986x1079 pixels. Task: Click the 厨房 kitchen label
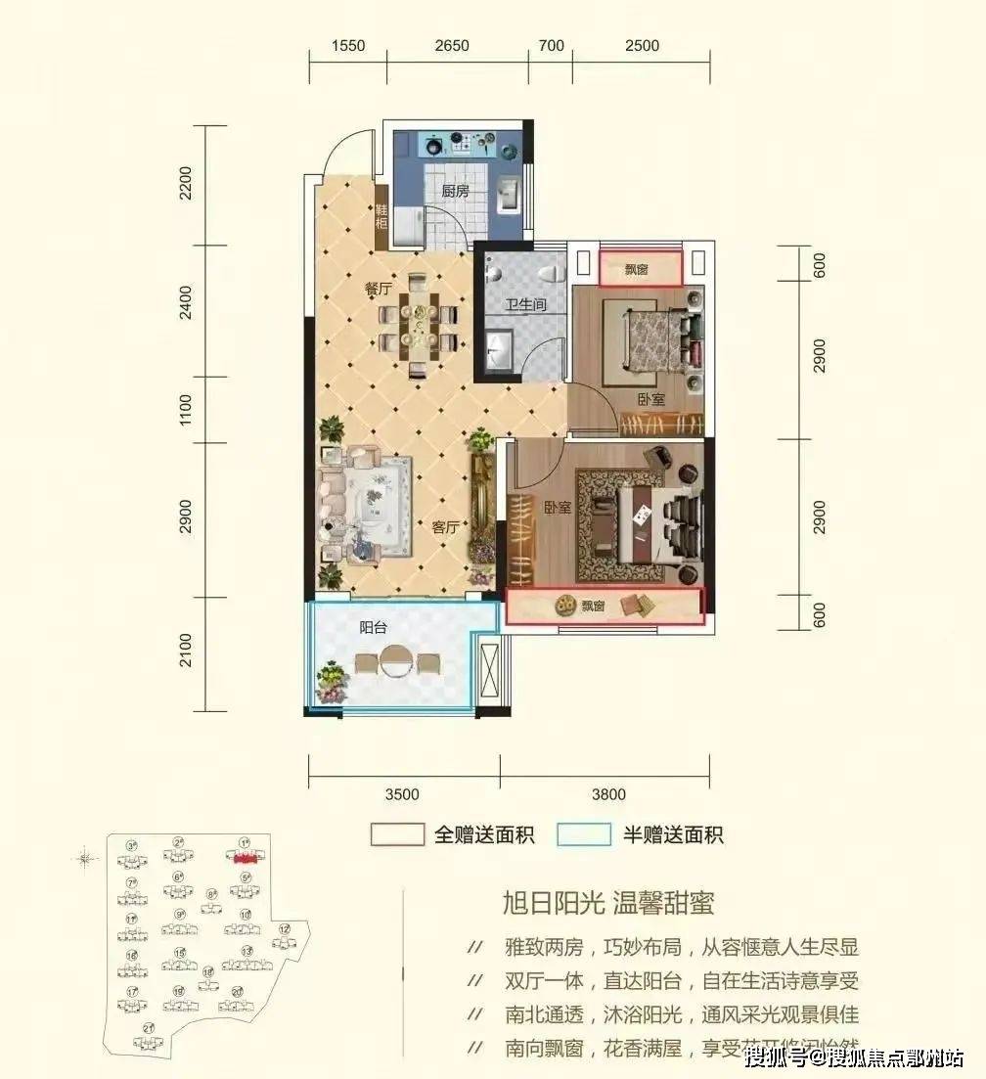pyautogui.click(x=455, y=192)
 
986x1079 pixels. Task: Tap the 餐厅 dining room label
pyautogui.click(x=349, y=288)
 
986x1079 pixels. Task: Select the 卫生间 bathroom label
pyautogui.click(x=524, y=305)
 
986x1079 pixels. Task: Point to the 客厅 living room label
pyautogui.click(x=446, y=526)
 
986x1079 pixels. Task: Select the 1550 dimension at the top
pyautogui.click(x=348, y=45)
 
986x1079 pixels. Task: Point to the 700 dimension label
pyautogui.click(x=552, y=45)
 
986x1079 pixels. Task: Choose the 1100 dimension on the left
pyautogui.click(x=187, y=410)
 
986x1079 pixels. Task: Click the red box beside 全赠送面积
pyautogui.click(x=396, y=834)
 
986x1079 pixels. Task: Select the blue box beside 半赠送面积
pyautogui.click(x=584, y=834)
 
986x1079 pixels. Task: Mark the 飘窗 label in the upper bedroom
pyautogui.click(x=637, y=269)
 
